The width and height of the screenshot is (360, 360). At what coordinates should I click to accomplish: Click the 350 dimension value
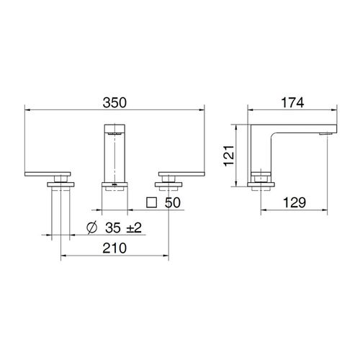(114, 102)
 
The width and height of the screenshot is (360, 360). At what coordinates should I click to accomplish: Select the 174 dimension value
(292, 102)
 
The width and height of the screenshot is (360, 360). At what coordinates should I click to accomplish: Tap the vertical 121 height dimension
(229, 156)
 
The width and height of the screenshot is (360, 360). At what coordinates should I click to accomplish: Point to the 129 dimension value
(294, 202)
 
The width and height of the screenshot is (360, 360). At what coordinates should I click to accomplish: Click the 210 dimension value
(114, 248)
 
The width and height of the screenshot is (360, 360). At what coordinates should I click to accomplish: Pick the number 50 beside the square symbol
(173, 202)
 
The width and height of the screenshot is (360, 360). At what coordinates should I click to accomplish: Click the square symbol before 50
(151, 202)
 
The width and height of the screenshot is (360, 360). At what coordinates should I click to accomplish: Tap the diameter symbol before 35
(91, 228)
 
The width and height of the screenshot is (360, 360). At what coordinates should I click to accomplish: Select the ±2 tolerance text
(134, 228)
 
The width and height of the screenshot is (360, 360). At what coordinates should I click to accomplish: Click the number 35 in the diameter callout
(113, 228)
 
